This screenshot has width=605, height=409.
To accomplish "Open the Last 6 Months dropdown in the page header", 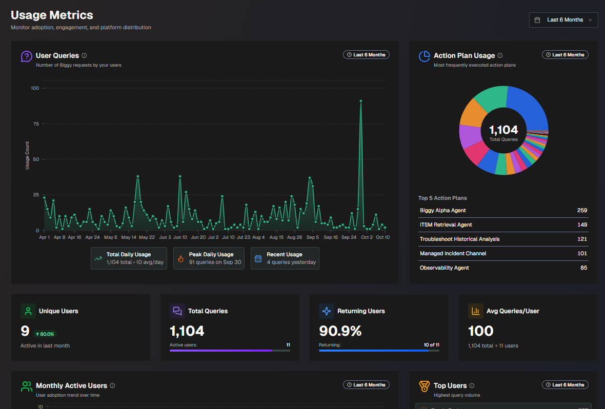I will (563, 20).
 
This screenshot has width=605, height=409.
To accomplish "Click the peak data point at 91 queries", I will (361, 101).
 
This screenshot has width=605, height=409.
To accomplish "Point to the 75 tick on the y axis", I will (35, 124).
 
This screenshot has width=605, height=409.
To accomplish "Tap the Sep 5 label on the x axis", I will (313, 237).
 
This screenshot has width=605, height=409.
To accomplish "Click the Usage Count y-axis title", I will (28, 155).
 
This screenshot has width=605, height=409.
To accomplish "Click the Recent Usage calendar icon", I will (258, 258).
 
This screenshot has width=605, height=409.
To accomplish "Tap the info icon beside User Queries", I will (84, 55).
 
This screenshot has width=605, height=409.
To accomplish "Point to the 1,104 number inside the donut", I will (503, 130).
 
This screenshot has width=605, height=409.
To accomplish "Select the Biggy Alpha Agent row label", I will (442, 210).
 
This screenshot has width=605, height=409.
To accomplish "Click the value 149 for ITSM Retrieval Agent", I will (582, 224).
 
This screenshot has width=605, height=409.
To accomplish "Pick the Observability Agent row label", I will (444, 268).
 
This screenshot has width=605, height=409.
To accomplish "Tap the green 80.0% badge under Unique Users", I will (45, 334).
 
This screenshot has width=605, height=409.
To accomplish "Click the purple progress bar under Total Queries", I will (221, 351).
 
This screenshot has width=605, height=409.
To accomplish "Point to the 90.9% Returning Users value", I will (340, 331).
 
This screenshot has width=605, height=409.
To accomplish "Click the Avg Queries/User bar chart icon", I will (475, 311).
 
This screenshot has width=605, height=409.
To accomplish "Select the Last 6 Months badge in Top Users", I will (565, 385).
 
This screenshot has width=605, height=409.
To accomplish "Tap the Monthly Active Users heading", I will (71, 385).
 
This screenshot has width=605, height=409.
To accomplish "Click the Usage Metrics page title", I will (52, 15).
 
